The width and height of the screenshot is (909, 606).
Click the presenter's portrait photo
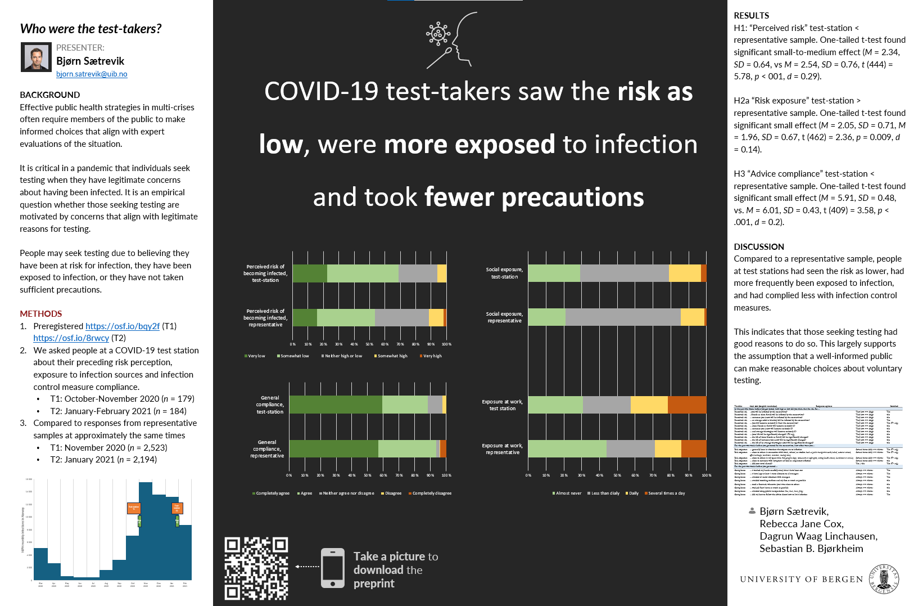tap(36, 57)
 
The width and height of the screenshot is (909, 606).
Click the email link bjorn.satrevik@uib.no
tap(92, 74)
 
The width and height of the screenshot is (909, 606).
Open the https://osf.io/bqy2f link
tap(123, 326)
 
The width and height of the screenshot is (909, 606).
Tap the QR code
tap(256, 568)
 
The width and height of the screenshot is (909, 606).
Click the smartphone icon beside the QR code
tap(333, 568)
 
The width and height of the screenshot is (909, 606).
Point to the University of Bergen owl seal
tap(884, 578)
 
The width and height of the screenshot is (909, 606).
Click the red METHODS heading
tap(41, 314)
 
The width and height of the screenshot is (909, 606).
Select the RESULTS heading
tap(751, 16)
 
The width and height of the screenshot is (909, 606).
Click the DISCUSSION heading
tap(758, 247)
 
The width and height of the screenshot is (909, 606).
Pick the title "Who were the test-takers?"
tap(91, 29)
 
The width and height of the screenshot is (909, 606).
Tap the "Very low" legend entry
tap(255, 356)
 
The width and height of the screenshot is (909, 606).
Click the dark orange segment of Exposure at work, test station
tap(687, 405)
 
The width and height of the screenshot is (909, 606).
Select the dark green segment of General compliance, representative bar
tap(333, 448)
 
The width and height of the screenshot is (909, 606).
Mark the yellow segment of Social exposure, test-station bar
tap(685, 273)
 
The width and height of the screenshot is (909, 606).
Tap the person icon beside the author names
tap(752, 511)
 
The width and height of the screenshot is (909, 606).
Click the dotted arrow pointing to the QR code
tap(307, 567)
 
